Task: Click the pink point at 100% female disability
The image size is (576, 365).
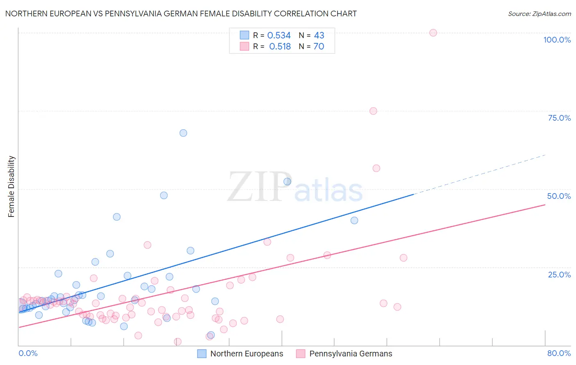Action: point(433,33)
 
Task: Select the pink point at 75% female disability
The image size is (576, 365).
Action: point(373,111)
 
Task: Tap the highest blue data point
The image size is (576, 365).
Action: point(183,133)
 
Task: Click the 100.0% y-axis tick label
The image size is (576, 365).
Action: point(557,40)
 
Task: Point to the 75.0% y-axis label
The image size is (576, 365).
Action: point(559,118)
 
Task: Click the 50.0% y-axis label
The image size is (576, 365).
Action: point(559,196)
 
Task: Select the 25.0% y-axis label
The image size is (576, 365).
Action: point(559,275)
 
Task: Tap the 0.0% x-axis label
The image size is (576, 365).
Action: point(28,353)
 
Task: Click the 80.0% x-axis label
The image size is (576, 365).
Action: point(559,353)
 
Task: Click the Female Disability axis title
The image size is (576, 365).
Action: point(11,187)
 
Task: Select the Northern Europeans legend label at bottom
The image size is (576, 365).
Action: point(247,354)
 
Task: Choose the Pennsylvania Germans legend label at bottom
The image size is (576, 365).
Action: point(351,354)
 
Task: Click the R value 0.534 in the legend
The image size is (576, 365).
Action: point(279,36)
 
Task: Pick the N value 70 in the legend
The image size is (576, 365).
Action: point(319,47)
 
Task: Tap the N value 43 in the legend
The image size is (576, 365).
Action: point(319,36)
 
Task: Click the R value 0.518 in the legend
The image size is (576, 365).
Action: point(280,47)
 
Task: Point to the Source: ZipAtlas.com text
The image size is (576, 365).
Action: point(539,14)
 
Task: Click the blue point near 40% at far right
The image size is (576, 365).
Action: point(354,221)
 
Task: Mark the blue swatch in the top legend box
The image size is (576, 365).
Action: point(244,35)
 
